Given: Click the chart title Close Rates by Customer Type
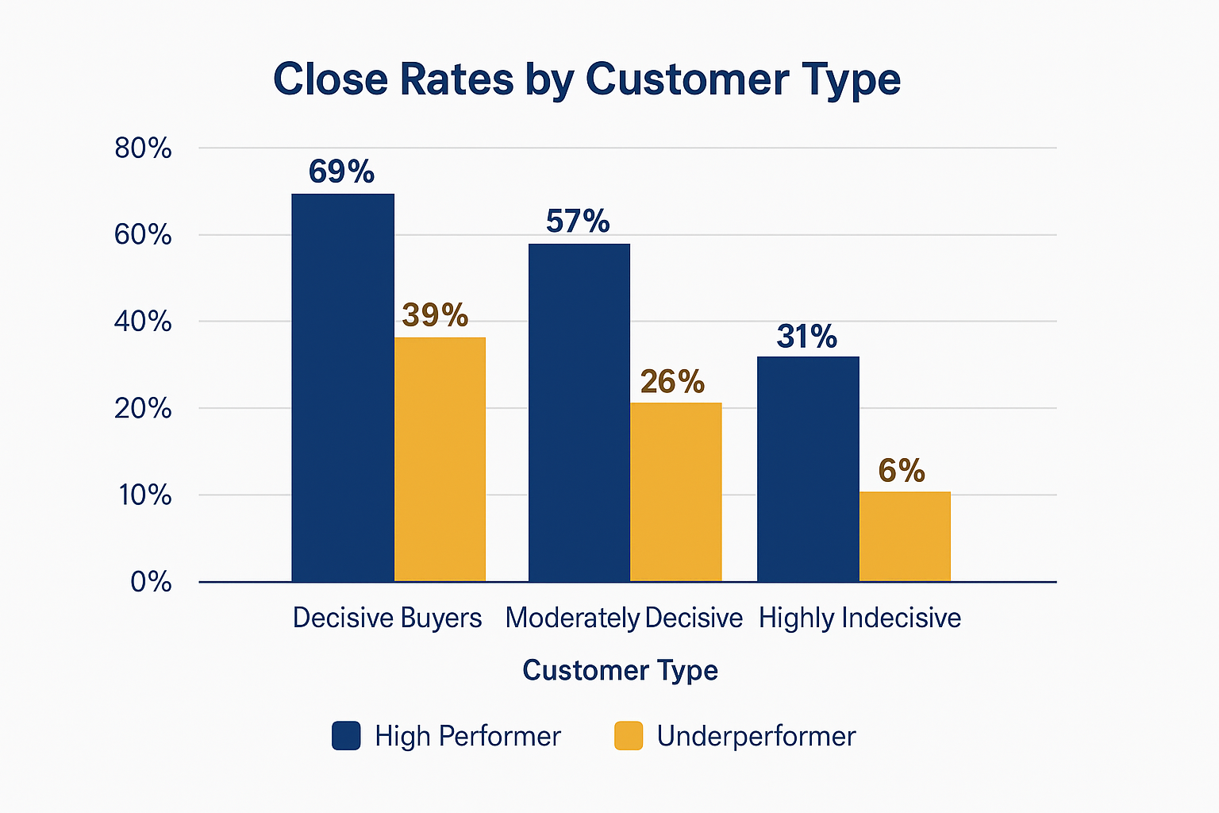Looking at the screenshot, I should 586,80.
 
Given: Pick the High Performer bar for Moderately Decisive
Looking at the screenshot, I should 579,412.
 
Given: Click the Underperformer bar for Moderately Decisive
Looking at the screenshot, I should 676,491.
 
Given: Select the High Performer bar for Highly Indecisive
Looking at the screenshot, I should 808,468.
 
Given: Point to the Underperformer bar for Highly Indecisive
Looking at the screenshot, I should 905,536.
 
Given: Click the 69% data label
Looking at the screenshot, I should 341,171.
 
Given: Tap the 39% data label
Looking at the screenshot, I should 435,315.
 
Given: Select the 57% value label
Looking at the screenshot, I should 578,221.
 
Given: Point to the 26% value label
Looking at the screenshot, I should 672,382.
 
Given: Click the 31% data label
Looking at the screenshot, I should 806,337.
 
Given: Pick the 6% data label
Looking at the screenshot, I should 902,471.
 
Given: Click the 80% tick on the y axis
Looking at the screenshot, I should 143,148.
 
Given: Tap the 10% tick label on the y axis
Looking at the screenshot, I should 145,495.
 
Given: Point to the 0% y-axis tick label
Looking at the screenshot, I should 151,582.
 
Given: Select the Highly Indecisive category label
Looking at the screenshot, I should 859,618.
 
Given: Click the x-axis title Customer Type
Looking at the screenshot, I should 620,670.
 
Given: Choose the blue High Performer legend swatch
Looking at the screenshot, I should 346,736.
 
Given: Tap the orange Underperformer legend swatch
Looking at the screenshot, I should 629,736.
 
